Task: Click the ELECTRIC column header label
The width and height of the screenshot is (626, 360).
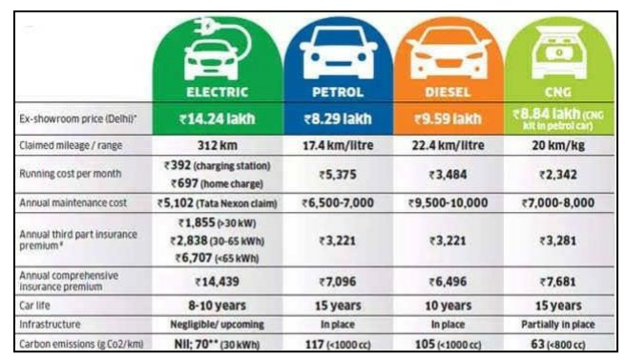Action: point(219,94)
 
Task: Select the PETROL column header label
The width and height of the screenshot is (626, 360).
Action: point(337,94)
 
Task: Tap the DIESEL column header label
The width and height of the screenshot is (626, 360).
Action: point(448,94)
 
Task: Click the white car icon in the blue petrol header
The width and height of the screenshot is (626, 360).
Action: point(337,56)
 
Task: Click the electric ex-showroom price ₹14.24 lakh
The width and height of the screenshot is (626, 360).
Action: point(218,120)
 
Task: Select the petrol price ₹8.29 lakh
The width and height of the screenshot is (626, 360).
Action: point(337,120)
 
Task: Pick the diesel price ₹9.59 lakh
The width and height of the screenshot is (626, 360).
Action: point(448,120)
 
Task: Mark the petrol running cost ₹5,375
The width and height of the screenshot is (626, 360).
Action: point(337,174)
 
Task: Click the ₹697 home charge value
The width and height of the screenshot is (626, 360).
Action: point(218,182)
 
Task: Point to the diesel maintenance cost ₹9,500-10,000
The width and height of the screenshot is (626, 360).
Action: point(448,203)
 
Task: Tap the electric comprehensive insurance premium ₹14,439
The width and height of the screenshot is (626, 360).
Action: point(218,283)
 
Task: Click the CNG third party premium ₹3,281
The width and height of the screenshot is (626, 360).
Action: point(559,241)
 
